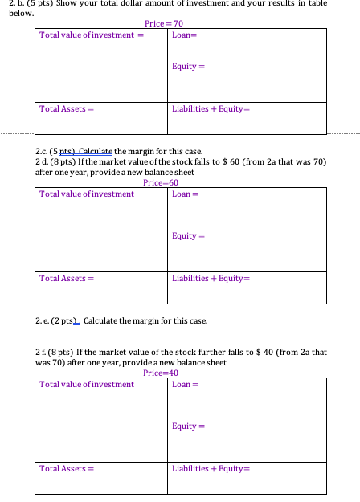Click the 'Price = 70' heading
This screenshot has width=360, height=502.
165,24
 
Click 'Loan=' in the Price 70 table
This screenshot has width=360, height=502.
184,35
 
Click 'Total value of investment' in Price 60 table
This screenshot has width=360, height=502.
87,194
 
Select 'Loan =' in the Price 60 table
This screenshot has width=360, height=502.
185,194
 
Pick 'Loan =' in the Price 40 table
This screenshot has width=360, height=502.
185,385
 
